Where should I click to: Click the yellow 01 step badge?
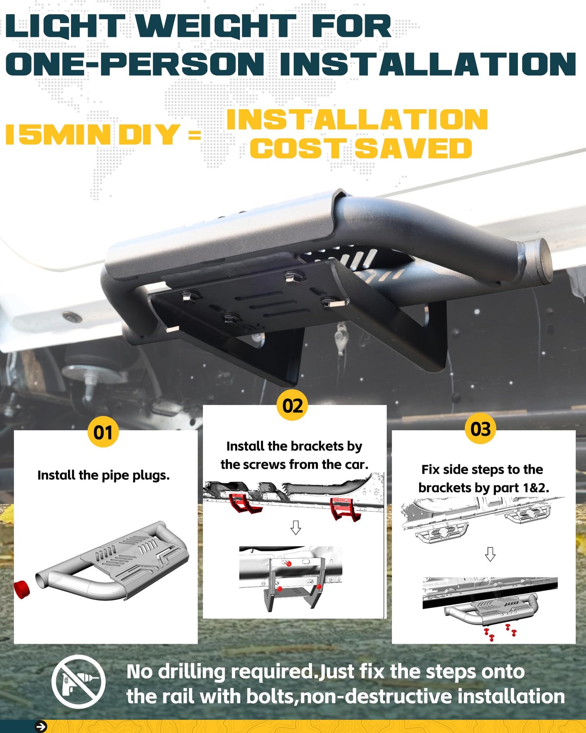103,432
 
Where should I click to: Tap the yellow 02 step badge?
292,405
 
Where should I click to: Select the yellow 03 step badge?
481,429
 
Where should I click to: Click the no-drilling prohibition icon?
79,682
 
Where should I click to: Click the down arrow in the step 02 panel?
296,528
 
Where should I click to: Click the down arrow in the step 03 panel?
490,554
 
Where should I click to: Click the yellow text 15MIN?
58,134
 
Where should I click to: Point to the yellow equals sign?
195,135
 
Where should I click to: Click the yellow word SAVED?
414,148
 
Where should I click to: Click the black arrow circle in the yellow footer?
41,727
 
